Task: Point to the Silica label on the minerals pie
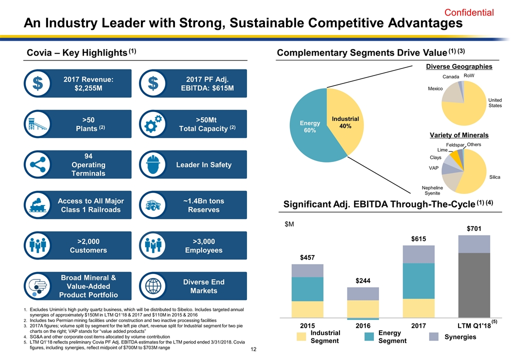pos(494,177)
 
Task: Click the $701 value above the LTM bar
pos(473,229)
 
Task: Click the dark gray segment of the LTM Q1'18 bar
pos(474,285)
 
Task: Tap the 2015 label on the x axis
pos(307,325)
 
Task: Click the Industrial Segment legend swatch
pos(301,337)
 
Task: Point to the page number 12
pos(254,348)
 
